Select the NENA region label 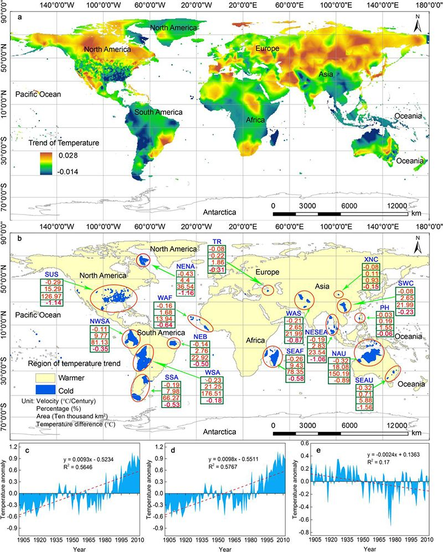(186, 267)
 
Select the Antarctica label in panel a (219, 211)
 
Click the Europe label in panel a (267, 49)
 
